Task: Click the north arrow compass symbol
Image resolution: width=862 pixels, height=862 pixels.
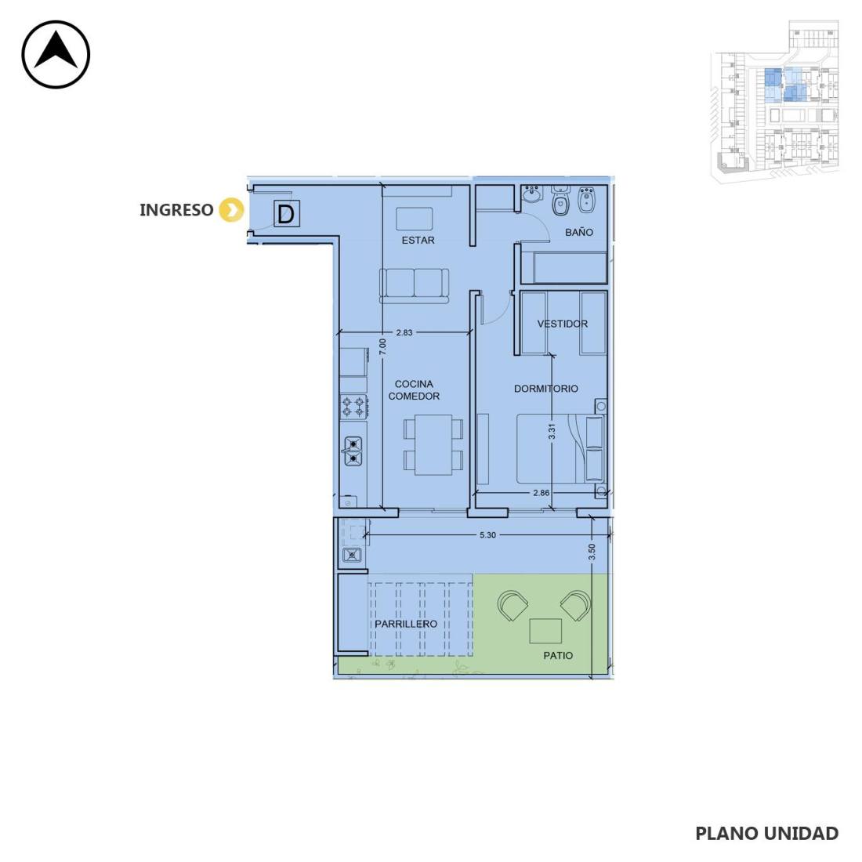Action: point(56,54)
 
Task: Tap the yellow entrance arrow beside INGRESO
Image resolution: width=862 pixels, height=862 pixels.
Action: point(231,210)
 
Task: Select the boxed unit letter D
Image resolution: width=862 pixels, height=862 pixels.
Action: point(286,214)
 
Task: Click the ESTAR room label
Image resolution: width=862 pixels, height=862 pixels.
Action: point(418,241)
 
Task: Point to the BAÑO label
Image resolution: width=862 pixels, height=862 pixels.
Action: point(579,232)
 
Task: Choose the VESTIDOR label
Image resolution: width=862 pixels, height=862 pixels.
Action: point(563,324)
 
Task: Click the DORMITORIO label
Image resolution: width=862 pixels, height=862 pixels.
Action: point(546,389)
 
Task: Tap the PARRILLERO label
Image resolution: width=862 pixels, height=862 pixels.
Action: point(406,624)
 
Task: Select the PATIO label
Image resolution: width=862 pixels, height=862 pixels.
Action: point(558,655)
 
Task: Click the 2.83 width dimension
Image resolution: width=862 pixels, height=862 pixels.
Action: point(404,332)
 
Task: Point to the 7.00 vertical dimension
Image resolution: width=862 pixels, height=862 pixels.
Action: point(382,347)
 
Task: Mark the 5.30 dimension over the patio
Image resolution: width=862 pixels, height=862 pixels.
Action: point(487,535)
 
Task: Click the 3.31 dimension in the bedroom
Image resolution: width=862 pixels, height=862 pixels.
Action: point(552,431)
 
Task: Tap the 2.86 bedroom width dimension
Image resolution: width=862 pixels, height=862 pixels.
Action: point(541,493)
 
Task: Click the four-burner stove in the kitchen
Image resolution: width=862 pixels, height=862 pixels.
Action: point(353,407)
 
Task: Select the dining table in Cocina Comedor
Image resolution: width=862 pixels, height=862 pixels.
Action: point(433,445)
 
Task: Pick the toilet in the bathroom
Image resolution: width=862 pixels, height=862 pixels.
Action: point(560,201)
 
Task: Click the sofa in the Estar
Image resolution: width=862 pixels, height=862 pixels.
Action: point(414,284)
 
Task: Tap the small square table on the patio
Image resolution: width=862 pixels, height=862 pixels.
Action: point(545,631)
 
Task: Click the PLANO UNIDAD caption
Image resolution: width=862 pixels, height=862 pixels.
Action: point(767,834)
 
